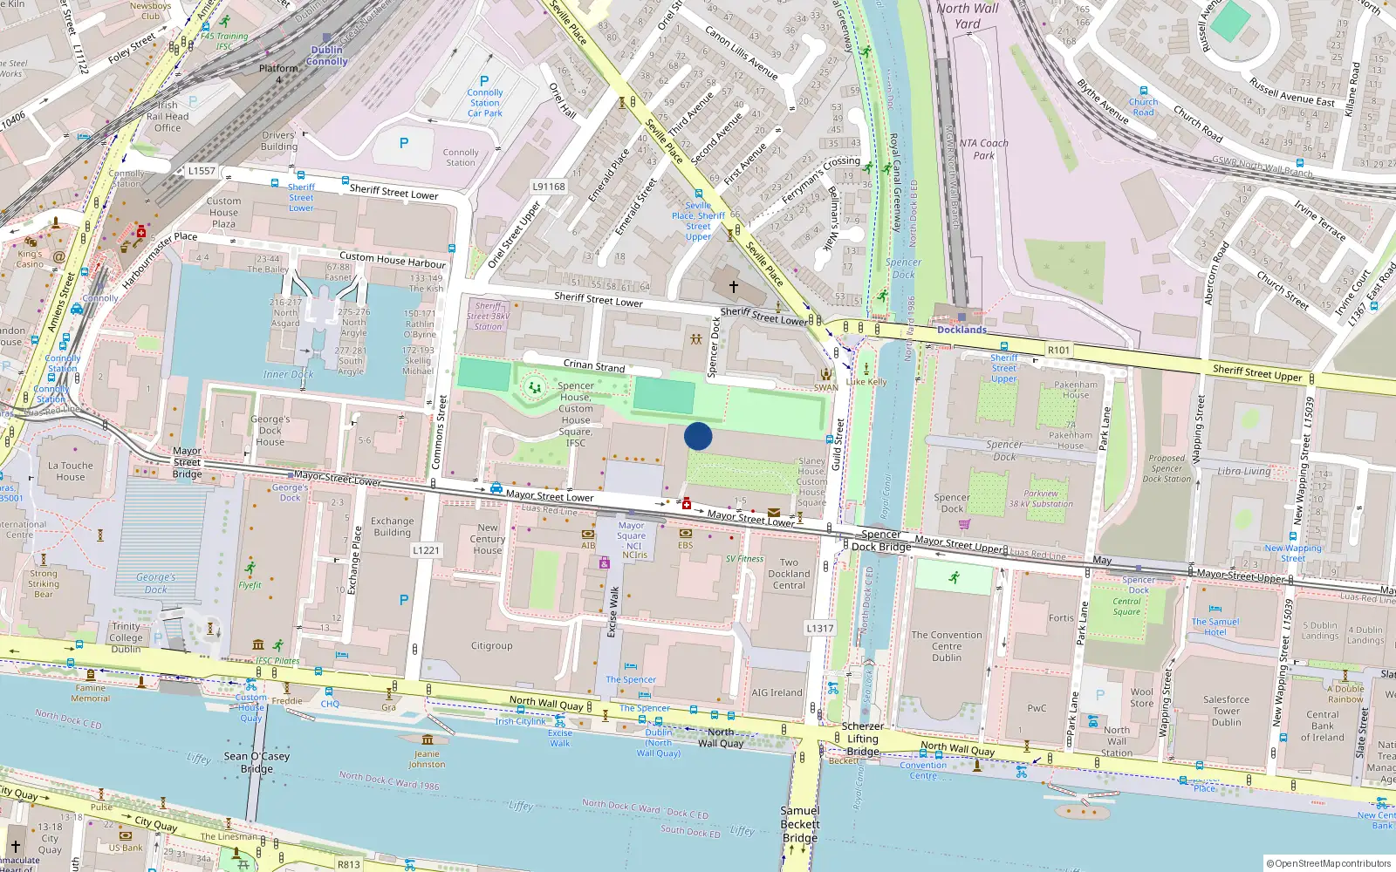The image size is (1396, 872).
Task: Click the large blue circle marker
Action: tap(698, 436)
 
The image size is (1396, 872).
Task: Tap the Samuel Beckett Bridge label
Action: tap(800, 824)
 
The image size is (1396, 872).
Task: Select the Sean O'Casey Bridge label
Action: tap(255, 762)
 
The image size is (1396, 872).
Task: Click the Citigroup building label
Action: tap(491, 646)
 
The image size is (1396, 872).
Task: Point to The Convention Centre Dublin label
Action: tap(947, 646)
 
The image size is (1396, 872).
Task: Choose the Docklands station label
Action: tap(961, 330)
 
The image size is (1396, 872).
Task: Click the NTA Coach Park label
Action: tap(983, 149)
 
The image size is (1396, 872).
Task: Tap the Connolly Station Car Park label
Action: tap(485, 103)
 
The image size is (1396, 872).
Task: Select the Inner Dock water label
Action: tap(288, 374)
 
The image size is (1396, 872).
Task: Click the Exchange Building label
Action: tap(393, 527)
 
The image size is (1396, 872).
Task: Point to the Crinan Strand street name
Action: tap(593, 365)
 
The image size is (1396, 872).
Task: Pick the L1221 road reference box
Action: tap(426, 550)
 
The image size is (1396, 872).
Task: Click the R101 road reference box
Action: tap(1058, 350)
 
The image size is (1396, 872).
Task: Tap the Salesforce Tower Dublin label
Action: tap(1226, 711)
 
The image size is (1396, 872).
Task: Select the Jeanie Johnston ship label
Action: tap(427, 759)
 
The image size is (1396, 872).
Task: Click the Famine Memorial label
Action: tap(90, 693)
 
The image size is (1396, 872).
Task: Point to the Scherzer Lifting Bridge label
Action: tap(862, 739)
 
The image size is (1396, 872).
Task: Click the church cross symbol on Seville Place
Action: tap(734, 286)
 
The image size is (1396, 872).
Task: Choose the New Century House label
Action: tap(488, 539)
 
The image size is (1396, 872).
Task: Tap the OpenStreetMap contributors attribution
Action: tap(1329, 863)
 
